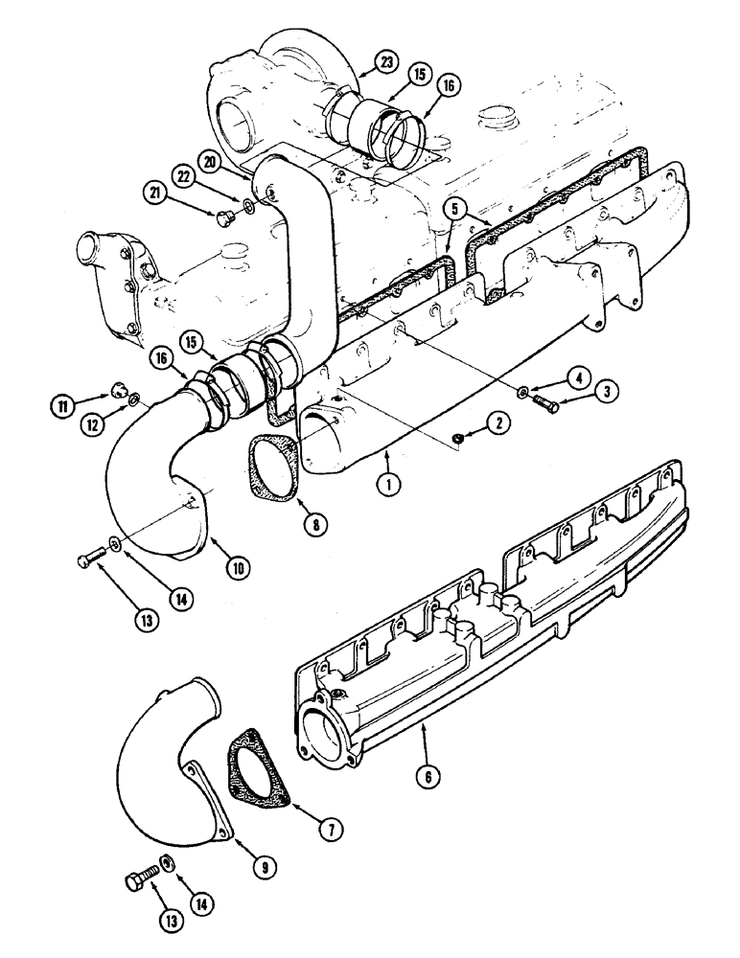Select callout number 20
212,158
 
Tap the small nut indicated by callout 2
459,438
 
